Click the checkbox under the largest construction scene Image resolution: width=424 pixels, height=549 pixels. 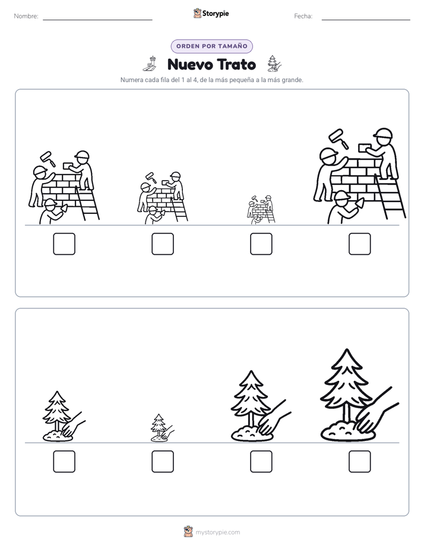tap(359, 244)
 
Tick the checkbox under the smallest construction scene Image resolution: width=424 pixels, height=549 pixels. tap(261, 244)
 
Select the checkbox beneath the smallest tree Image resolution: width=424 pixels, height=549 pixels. tap(163, 462)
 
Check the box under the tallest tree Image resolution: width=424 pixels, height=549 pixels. tap(359, 462)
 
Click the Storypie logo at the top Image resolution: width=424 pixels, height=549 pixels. tap(211, 14)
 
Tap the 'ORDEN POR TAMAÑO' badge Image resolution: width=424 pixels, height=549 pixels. tap(211, 46)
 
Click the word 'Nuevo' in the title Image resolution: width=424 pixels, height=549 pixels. tap(190, 64)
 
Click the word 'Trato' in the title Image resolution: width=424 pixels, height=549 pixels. tap(236, 64)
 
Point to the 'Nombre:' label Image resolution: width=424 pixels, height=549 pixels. tap(26, 16)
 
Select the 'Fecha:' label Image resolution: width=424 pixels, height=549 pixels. tap(303, 16)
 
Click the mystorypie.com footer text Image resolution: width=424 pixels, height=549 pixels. tap(217, 532)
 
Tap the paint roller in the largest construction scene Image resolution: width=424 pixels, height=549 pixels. tap(339, 138)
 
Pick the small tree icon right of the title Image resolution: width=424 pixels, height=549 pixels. tap(274, 64)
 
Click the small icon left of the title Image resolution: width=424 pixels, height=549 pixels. tap(150, 64)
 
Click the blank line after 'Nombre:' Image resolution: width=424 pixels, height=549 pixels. tap(97, 20)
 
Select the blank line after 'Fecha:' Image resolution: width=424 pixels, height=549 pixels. tap(366, 20)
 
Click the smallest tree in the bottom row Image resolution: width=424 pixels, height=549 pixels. tap(162, 428)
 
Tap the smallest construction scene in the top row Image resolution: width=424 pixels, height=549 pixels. tap(261, 209)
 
